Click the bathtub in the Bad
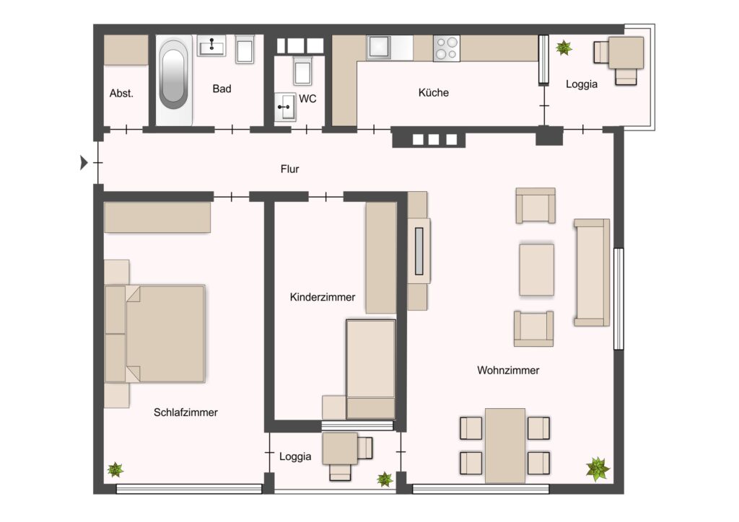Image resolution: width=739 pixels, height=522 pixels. [x=174, y=80]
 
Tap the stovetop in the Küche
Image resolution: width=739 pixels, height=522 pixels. [x=447, y=48]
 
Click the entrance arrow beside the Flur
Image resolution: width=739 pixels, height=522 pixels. [x=84, y=162]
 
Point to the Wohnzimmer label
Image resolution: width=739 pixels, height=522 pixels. [x=508, y=371]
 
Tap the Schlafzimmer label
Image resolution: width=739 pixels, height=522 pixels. [x=185, y=413]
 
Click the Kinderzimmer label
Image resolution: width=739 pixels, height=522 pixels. [x=323, y=298]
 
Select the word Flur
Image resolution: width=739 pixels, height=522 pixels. [x=290, y=169]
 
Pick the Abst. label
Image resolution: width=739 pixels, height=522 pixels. [x=121, y=93]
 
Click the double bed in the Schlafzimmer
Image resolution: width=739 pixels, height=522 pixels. [x=155, y=334]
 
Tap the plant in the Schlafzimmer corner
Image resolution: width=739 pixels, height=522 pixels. [x=115, y=469]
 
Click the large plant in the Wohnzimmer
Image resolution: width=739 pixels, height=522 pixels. [x=598, y=469]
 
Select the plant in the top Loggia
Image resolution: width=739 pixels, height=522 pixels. [x=564, y=48]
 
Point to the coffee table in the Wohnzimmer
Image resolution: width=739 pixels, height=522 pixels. [x=537, y=270]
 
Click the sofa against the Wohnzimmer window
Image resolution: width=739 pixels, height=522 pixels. [x=592, y=273]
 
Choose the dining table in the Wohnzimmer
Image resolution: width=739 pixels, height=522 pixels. [x=504, y=446]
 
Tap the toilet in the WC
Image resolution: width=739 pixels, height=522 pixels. [x=302, y=70]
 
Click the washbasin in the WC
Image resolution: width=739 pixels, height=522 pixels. [x=285, y=107]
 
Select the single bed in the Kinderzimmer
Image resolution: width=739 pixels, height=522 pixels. [x=371, y=369]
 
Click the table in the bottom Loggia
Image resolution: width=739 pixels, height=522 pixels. [x=340, y=448]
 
